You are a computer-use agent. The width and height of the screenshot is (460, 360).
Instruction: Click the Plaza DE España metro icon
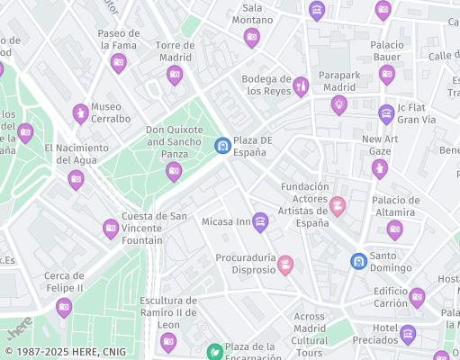pyautogui.click(x=221, y=145)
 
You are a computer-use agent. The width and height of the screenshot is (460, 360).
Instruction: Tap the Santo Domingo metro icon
pyautogui.click(x=358, y=261)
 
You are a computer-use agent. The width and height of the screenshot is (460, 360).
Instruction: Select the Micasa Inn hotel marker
pyautogui.click(x=260, y=221)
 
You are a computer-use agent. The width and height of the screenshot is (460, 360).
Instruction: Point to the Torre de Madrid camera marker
pyautogui.click(x=175, y=75)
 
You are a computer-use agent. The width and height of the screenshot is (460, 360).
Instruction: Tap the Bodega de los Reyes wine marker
pyautogui.click(x=301, y=86)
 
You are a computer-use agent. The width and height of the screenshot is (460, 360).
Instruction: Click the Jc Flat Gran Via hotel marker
pyautogui.click(x=386, y=113)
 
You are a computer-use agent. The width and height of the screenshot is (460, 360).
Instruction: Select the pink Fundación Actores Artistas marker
pyautogui.click(x=338, y=207)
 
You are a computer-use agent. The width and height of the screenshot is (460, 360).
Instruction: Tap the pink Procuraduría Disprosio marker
pyautogui.click(x=285, y=265)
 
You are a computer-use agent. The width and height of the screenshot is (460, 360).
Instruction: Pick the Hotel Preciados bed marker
pyautogui.click(x=408, y=335)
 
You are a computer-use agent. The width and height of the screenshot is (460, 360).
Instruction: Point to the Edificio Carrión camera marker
pyautogui.click(x=416, y=297)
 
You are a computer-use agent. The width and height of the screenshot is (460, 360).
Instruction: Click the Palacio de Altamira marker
pyautogui.click(x=394, y=230)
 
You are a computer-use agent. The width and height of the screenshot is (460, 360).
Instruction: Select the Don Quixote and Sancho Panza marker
pyautogui.click(x=174, y=171)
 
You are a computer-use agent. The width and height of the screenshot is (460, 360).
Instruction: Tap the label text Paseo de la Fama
pyautogui.click(x=118, y=39)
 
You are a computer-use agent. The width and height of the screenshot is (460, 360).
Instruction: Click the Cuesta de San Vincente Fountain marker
pyautogui.click(x=111, y=229)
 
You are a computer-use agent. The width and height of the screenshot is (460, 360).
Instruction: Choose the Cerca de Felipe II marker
pyautogui.click(x=64, y=308)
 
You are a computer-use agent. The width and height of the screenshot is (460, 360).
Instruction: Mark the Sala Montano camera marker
pyautogui.click(x=252, y=37)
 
